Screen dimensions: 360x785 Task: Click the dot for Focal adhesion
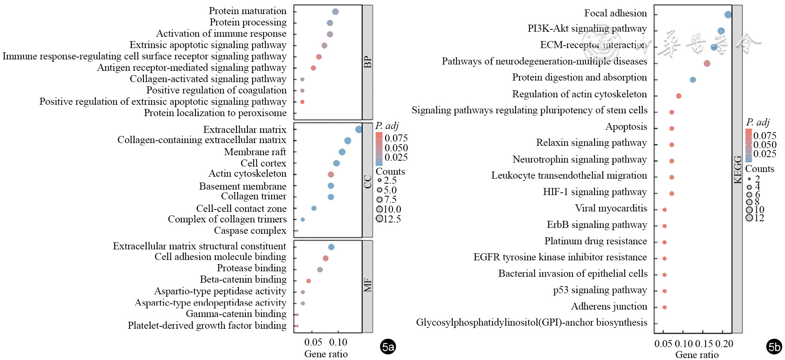click(x=728, y=14)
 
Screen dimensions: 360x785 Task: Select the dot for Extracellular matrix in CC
click(x=358, y=129)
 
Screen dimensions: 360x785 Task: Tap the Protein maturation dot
click(x=335, y=12)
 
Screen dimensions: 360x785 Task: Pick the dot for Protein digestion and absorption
click(x=693, y=80)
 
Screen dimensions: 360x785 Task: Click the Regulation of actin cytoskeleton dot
click(x=679, y=96)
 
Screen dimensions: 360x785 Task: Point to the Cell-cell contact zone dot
click(x=314, y=208)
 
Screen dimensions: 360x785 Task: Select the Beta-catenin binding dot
click(x=308, y=281)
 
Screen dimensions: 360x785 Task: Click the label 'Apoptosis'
click(x=626, y=127)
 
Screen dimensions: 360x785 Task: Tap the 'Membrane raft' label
click(x=255, y=152)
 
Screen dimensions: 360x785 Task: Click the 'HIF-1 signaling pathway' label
click(x=595, y=192)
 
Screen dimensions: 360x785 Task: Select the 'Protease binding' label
click(x=251, y=268)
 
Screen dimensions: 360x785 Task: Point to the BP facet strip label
click(x=367, y=62)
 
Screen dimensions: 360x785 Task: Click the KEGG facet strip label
click(x=737, y=169)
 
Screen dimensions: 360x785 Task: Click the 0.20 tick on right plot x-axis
click(x=724, y=344)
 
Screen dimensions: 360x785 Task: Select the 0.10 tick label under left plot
click(x=338, y=342)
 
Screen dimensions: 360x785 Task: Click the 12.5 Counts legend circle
click(x=379, y=219)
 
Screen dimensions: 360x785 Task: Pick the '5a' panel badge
click(x=388, y=347)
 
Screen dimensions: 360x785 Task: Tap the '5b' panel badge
click(x=774, y=347)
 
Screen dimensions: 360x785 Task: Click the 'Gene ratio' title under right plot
click(x=697, y=355)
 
